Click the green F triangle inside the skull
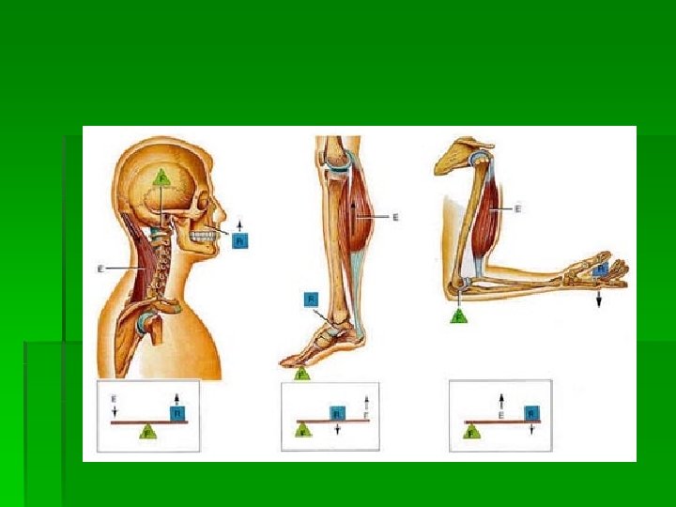click(x=162, y=176)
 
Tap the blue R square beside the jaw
click(x=239, y=241)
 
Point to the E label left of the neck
click(x=100, y=269)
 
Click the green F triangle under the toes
click(x=302, y=373)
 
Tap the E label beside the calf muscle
click(x=394, y=217)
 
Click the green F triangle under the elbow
click(x=459, y=316)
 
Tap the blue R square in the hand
click(x=599, y=269)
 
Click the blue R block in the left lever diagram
click(x=177, y=412)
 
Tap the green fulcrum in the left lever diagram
click(x=146, y=431)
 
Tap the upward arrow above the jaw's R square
click(x=239, y=224)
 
